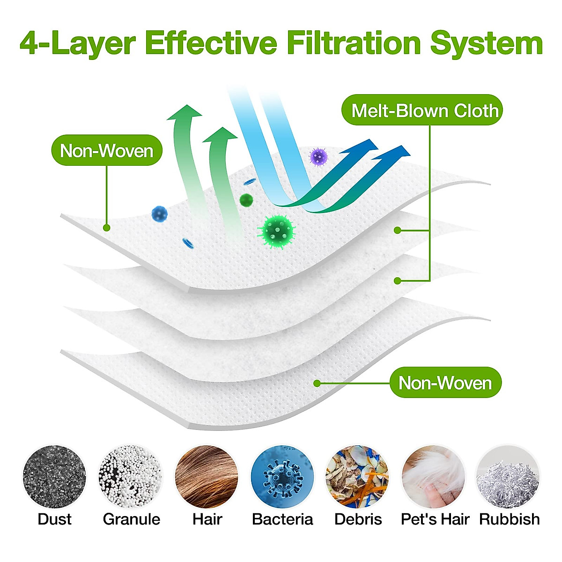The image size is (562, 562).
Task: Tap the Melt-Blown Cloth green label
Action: pyautogui.click(x=425, y=111)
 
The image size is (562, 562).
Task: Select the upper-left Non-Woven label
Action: pyautogui.click(x=107, y=151)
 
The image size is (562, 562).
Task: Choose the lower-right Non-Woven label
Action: pyautogui.click(x=445, y=383)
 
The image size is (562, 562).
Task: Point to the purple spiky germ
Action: pyautogui.click(x=318, y=156)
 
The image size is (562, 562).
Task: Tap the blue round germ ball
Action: pyautogui.click(x=159, y=214)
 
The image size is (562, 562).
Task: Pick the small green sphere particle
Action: pyautogui.click(x=246, y=200)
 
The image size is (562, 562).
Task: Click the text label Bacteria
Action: pyautogui.click(x=282, y=519)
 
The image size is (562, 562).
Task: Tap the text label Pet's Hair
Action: pyautogui.click(x=435, y=519)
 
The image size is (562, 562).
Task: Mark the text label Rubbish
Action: pyautogui.click(x=509, y=519)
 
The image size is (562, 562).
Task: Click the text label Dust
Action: pyautogui.click(x=54, y=519)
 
